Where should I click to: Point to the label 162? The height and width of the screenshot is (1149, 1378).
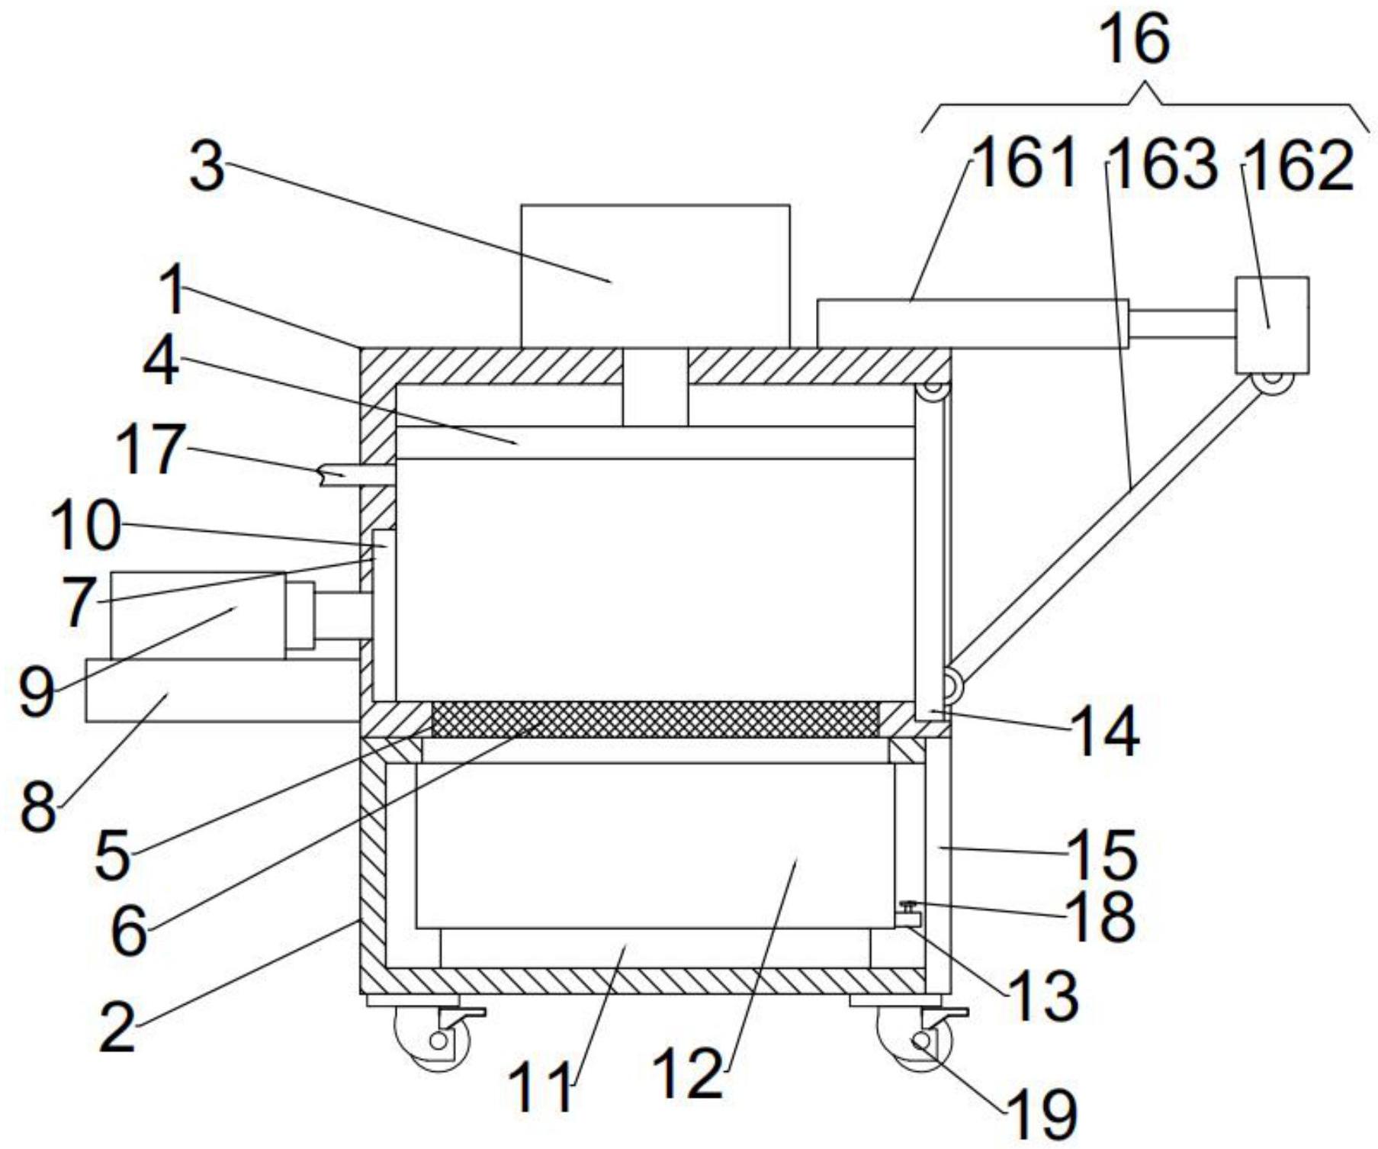pyautogui.click(x=1299, y=166)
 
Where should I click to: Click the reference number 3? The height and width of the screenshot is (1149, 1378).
pyautogui.click(x=207, y=168)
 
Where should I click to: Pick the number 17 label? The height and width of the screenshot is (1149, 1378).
pyautogui.click(x=152, y=449)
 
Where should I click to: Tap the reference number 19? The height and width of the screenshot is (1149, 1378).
pyautogui.click(x=1041, y=1115)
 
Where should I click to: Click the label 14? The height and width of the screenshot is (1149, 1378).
pyautogui.click(x=1106, y=731)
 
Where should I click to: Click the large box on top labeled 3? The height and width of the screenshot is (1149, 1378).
pyautogui.click(x=655, y=276)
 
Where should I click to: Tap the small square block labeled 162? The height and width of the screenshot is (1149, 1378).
pyautogui.click(x=1272, y=325)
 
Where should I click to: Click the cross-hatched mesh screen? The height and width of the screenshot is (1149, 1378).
pyautogui.click(x=655, y=719)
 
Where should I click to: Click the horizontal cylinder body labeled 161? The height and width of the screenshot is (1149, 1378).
pyautogui.click(x=973, y=323)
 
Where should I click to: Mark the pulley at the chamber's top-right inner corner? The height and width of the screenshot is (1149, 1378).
pyautogui.click(x=933, y=389)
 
